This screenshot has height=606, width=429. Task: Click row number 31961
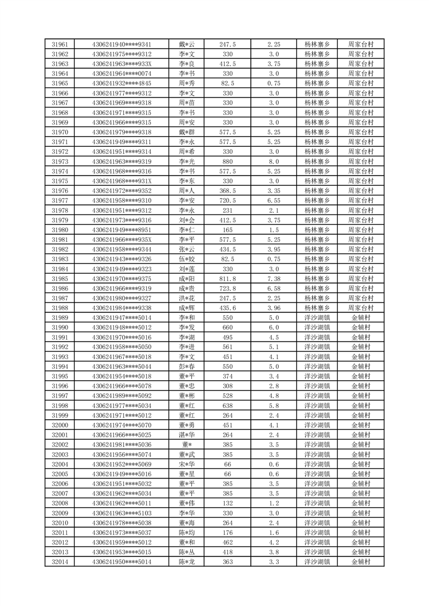point(59,44)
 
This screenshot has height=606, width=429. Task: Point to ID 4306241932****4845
point(122,83)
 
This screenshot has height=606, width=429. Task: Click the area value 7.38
point(273,279)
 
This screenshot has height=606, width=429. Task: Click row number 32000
point(59,425)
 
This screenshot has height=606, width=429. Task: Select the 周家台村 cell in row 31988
point(360,308)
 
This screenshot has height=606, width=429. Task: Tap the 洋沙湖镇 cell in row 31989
point(317,318)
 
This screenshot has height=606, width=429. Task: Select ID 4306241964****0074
point(122,73)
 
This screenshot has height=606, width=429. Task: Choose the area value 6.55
point(273,200)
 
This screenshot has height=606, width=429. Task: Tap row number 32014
point(59,562)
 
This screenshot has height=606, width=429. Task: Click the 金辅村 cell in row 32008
point(360,503)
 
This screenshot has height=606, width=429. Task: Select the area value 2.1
point(273,210)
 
